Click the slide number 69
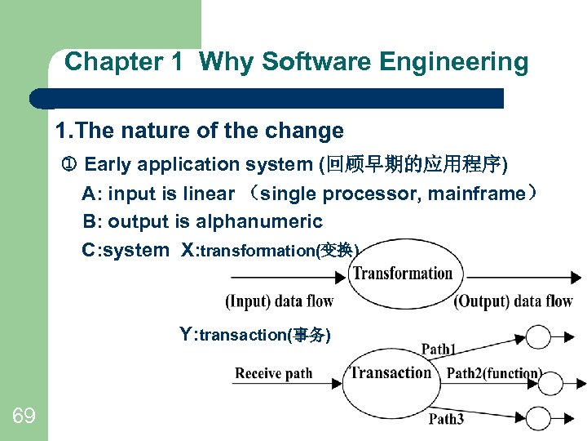(24, 416)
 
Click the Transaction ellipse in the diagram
(391, 373)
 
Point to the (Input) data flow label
(279, 301)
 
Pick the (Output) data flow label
(513, 301)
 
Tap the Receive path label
(273, 373)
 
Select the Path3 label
(446, 419)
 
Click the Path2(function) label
(494, 373)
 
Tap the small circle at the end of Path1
(539, 336)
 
